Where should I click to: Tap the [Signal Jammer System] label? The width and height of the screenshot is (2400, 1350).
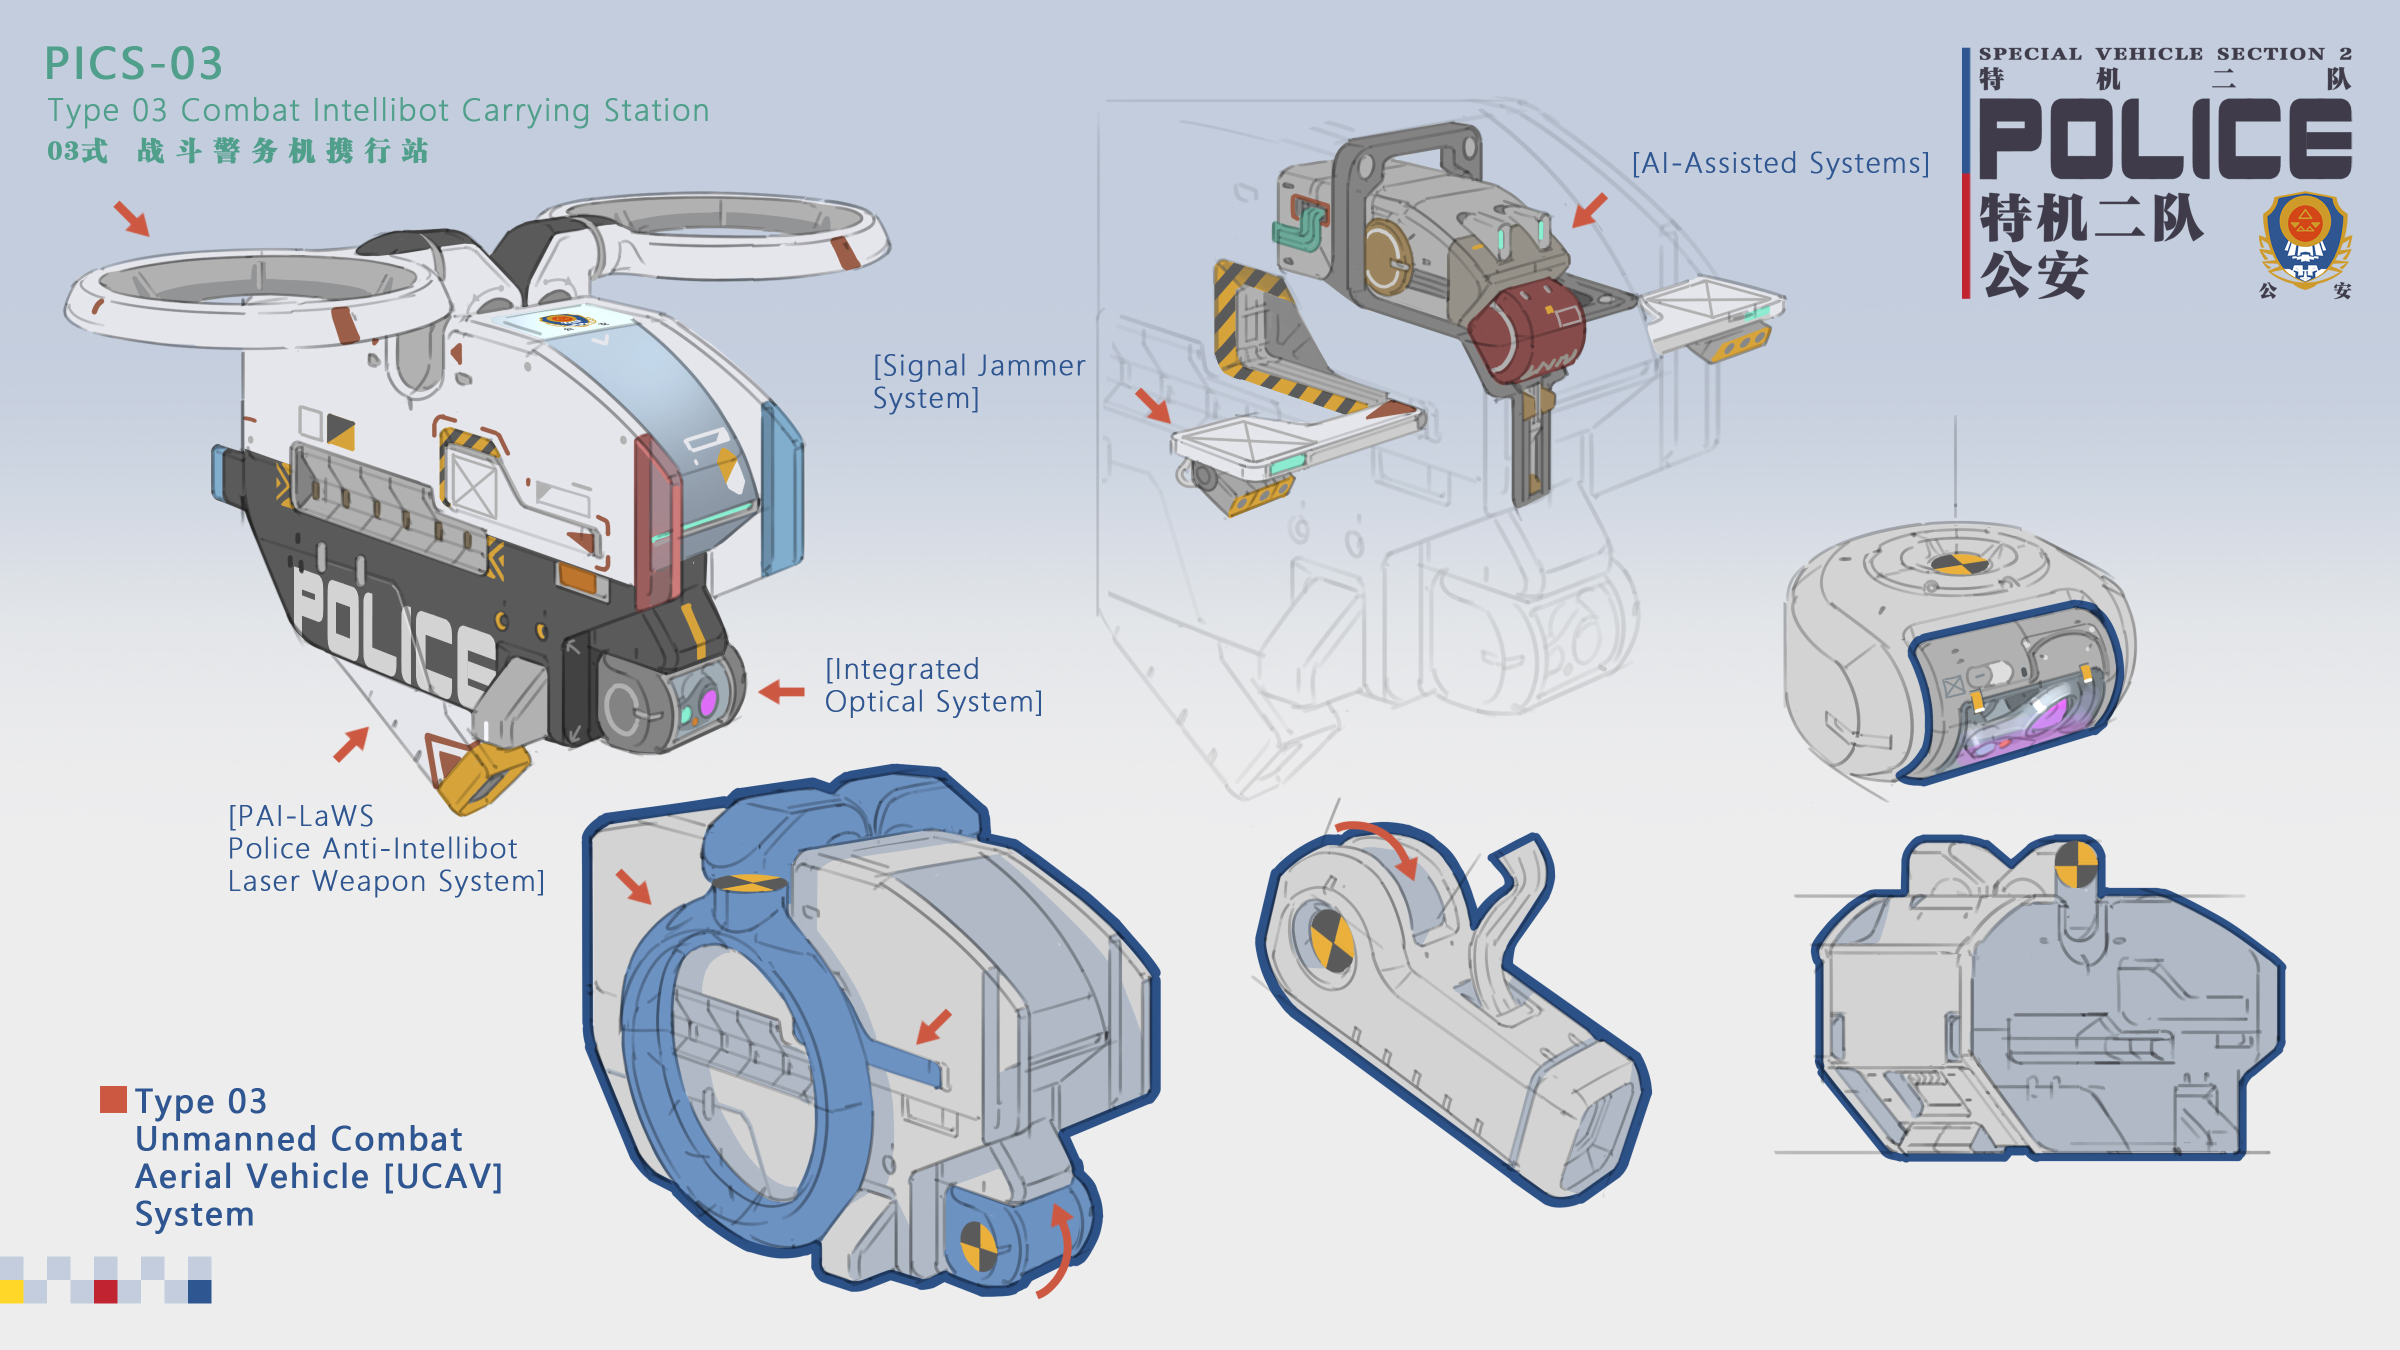(x=978, y=381)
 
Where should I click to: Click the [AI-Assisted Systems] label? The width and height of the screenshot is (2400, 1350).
(x=1779, y=163)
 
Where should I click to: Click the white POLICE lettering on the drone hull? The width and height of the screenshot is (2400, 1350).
(x=391, y=633)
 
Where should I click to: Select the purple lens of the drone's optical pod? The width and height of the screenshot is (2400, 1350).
(x=707, y=700)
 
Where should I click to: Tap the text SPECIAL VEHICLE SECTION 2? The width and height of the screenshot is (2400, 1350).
(x=2164, y=54)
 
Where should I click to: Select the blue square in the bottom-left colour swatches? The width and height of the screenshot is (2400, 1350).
(x=199, y=1291)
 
